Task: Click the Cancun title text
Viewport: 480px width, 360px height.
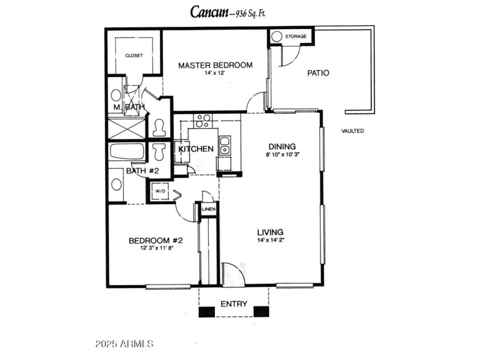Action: pos(209,12)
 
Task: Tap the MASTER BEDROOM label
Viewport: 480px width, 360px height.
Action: pos(215,65)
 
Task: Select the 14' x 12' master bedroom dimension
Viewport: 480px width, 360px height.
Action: pos(215,73)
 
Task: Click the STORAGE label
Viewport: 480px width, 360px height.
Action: pos(296,36)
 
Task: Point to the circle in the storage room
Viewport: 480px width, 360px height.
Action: pos(277,37)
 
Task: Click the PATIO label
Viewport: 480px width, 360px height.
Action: pos(318,73)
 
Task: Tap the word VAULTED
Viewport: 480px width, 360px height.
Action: pos(353,131)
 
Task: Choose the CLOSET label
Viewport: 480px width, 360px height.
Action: pos(134,55)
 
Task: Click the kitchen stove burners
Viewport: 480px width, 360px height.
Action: pos(203,121)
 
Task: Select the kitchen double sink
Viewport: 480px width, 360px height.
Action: pos(225,145)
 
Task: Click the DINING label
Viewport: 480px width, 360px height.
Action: pos(282,146)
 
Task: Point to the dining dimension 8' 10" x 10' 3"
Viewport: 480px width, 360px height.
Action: pos(282,155)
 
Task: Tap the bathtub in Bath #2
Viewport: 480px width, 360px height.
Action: pos(127,151)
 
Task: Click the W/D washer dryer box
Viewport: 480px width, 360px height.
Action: pos(160,191)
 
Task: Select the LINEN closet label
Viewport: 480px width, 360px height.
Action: pos(209,209)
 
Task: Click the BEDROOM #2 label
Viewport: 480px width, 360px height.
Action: pos(156,241)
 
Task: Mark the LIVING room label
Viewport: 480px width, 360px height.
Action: pos(270,232)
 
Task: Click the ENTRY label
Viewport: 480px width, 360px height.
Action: pos(234,304)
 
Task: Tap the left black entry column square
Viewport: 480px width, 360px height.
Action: pos(207,311)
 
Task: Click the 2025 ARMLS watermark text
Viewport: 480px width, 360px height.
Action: pos(125,344)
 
